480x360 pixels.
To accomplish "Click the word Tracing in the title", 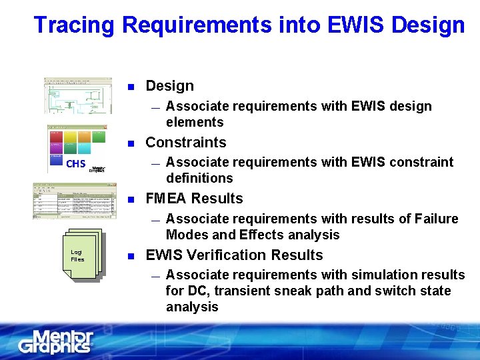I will tap(75, 25).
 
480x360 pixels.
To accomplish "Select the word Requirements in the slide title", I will tap(197, 25).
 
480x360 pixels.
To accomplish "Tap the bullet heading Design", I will tap(169, 86).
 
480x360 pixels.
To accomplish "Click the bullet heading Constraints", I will tap(186, 142).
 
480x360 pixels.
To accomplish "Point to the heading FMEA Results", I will tap(194, 199).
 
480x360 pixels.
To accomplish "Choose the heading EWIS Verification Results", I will tap(234, 255).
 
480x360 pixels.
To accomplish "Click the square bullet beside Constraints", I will tap(131, 143).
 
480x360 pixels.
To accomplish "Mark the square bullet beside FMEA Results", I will tap(131, 200).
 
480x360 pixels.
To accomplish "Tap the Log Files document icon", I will tap(81, 255).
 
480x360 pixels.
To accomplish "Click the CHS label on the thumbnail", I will tap(75, 163).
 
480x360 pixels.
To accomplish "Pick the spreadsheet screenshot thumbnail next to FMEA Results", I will tap(75, 201).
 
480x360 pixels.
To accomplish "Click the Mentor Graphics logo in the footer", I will tap(56, 341).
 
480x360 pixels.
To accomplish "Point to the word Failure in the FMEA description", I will tap(435, 219).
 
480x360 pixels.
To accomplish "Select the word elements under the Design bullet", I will tap(195, 122).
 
